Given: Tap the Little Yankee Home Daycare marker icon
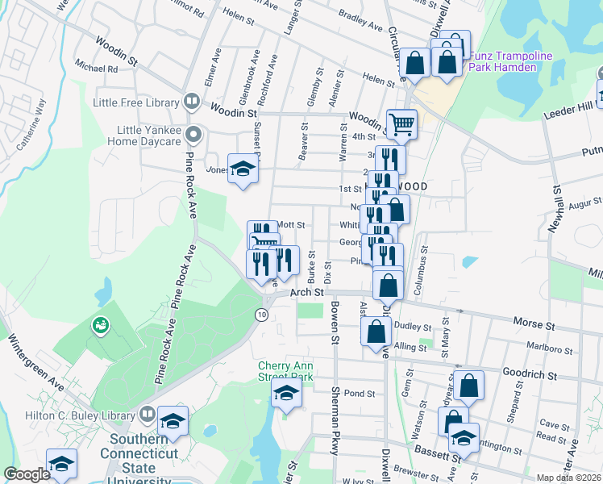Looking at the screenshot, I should [x=192, y=133].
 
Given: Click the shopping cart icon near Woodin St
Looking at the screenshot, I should [x=401, y=123].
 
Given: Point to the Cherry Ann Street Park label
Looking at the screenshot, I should [x=285, y=370].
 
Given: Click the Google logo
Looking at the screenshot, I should [x=27, y=474].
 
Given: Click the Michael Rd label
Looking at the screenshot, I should [x=95, y=69].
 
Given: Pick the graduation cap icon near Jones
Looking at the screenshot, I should [x=241, y=169].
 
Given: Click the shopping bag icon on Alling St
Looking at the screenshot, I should [x=376, y=331].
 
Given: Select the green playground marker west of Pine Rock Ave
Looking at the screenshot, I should [x=102, y=326].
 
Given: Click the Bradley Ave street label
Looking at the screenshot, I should [x=360, y=26].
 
